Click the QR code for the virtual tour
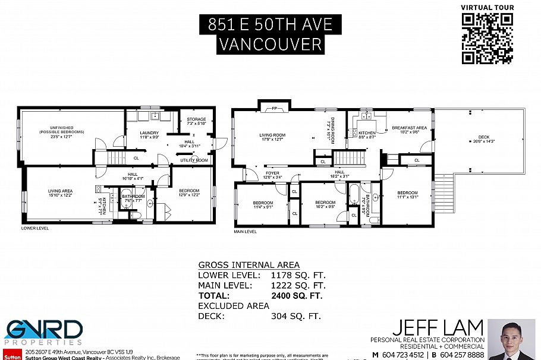coord(487,39)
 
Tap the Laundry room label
coord(149,134)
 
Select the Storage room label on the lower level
coord(196,121)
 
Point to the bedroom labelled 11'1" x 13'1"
coord(408,195)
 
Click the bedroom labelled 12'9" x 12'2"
coord(189,193)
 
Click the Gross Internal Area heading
coord(249,265)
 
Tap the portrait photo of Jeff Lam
coord(511,339)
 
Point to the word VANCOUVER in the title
coord(270,44)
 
